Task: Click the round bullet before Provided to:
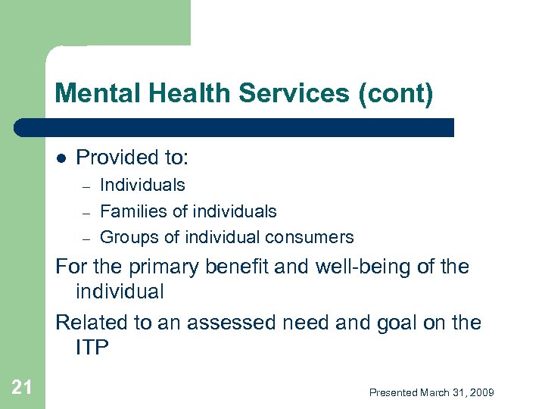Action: coord(62,158)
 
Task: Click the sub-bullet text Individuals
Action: coord(142,185)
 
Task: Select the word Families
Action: coord(133,211)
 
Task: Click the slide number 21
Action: coord(22,388)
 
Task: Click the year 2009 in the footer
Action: coord(481,392)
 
